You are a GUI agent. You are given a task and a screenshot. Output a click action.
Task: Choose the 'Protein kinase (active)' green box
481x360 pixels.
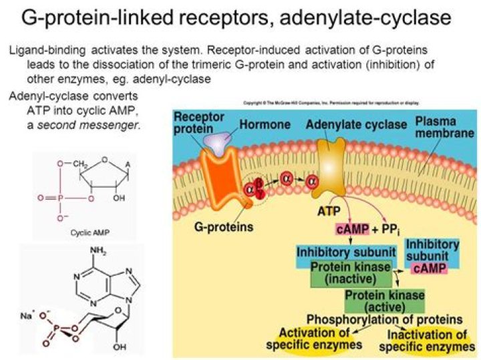376,301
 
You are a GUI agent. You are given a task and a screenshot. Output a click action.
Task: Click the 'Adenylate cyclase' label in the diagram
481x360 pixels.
355,124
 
